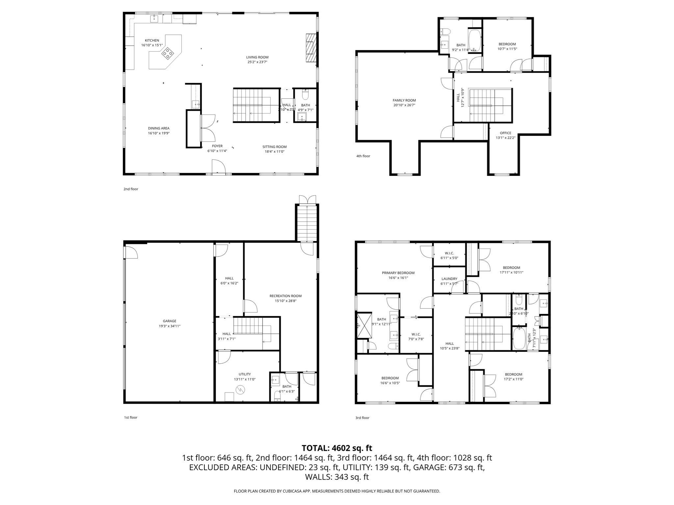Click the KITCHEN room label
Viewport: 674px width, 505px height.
click(x=152, y=40)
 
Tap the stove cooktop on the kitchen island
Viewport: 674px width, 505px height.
click(x=168, y=53)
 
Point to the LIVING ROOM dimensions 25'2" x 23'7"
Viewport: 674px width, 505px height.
click(x=257, y=62)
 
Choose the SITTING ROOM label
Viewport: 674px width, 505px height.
click(x=274, y=147)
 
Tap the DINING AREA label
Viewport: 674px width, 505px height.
click(x=158, y=129)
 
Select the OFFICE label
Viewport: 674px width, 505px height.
click(x=505, y=133)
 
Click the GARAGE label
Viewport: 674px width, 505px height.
click(x=169, y=321)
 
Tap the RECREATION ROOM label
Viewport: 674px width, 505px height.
click(x=285, y=296)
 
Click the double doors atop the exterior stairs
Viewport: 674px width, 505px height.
click(x=307, y=200)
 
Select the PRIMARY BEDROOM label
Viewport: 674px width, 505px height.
click(x=398, y=273)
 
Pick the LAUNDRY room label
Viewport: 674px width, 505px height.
click(x=449, y=279)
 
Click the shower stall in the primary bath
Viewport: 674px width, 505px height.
click(x=364, y=325)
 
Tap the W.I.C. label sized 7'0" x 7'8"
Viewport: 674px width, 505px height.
click(x=416, y=334)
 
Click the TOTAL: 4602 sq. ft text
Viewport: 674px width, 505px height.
click(x=337, y=448)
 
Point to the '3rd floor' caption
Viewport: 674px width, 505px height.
click(x=362, y=418)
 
